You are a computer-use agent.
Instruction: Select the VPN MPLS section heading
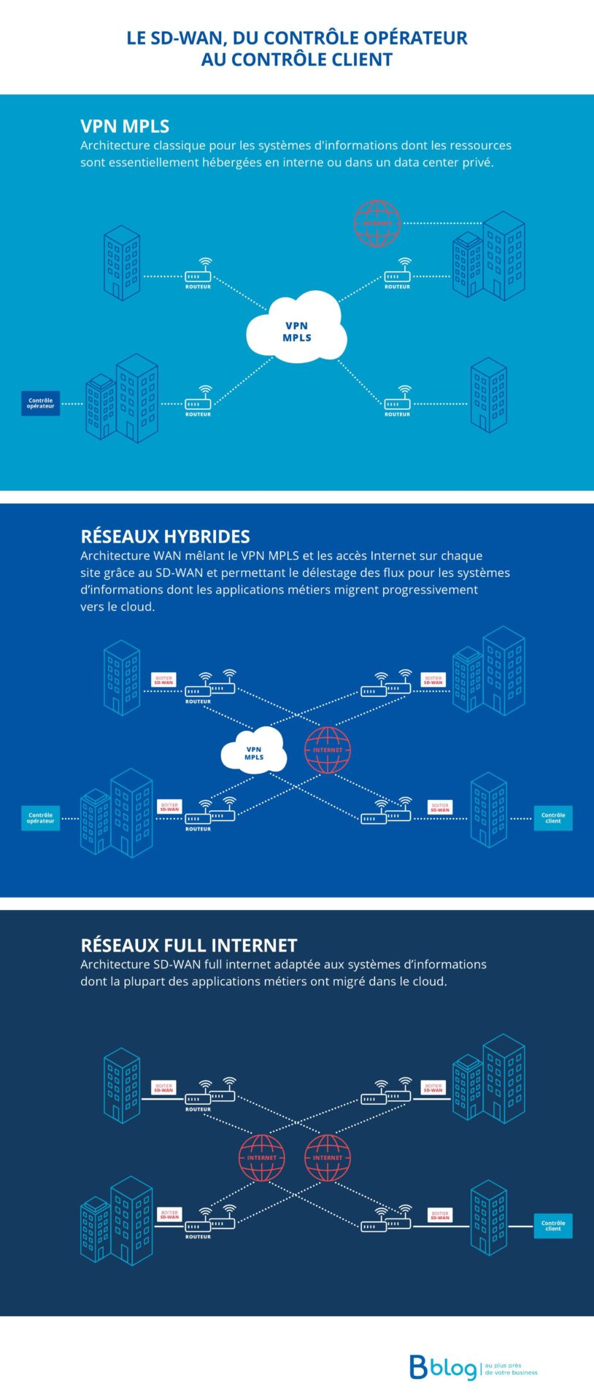[x=125, y=126]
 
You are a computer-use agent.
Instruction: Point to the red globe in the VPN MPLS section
[x=377, y=222]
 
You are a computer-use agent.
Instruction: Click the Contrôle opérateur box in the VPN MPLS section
[x=40, y=403]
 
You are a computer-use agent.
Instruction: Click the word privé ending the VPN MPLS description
[x=477, y=163]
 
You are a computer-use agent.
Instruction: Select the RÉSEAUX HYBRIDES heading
[x=165, y=537]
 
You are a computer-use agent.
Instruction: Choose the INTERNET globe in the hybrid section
[x=328, y=750]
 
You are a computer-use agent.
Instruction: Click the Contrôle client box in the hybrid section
[x=553, y=818]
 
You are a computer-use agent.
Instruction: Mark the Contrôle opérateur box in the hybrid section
[x=40, y=818]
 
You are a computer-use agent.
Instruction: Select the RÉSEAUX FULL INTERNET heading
[x=188, y=946]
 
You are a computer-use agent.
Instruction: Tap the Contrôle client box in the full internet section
[x=553, y=1226]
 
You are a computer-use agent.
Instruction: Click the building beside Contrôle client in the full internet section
[x=489, y=1219]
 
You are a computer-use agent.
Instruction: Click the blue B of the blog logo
[x=418, y=1367]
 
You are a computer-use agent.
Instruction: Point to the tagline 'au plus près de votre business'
[x=511, y=1369]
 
